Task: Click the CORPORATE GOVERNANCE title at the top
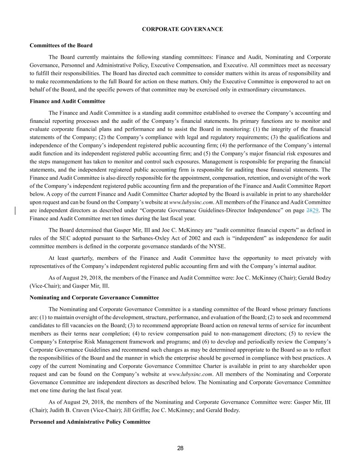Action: (x=182, y=29)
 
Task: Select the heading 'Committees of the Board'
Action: (x=61, y=46)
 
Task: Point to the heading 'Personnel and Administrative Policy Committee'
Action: (x=90, y=422)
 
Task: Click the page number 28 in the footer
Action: (x=180, y=448)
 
